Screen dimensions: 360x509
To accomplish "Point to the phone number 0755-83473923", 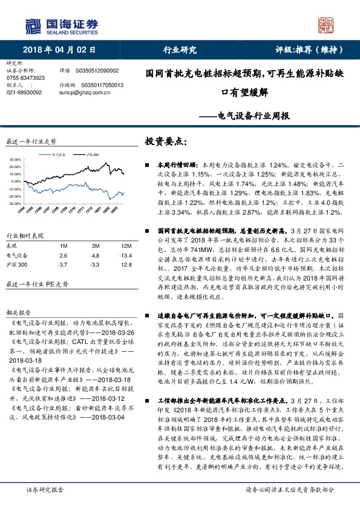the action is (x=25, y=78).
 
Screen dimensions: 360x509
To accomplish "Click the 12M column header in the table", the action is (x=126, y=247).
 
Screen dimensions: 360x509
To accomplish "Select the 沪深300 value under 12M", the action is (x=126, y=265).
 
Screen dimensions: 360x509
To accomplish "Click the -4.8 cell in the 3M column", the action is (x=95, y=256).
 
